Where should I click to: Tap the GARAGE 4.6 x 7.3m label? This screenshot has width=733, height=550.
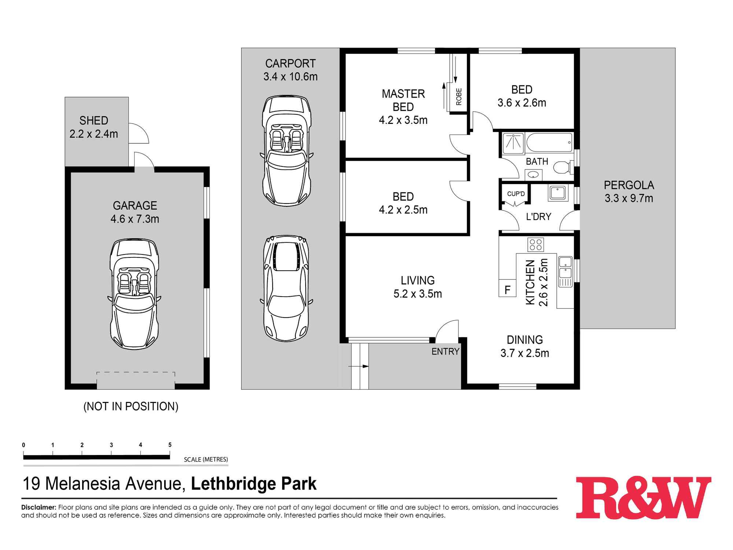click(x=135, y=212)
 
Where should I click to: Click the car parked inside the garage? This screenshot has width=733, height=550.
click(x=135, y=293)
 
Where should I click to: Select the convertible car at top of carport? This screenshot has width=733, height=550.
click(x=287, y=150)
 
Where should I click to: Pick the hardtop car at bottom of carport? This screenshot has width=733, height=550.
click(x=286, y=288)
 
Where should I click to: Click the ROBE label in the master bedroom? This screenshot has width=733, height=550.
click(x=459, y=97)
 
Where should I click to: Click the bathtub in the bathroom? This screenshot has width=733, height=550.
click(x=549, y=143)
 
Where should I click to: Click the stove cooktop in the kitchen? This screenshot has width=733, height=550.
click(x=535, y=245)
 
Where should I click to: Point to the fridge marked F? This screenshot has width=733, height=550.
click(x=508, y=290)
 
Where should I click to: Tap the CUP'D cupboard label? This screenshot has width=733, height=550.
click(x=516, y=194)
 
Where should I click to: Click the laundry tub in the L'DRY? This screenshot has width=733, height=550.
click(x=557, y=193)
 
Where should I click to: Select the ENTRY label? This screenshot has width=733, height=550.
click(x=445, y=351)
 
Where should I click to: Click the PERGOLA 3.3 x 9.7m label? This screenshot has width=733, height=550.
click(x=629, y=191)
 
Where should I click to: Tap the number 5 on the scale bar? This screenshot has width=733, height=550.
click(x=170, y=445)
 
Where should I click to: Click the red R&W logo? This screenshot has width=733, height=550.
click(x=643, y=497)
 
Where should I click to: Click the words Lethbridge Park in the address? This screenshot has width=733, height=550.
click(x=254, y=484)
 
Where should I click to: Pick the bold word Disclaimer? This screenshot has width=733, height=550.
click(x=38, y=507)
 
